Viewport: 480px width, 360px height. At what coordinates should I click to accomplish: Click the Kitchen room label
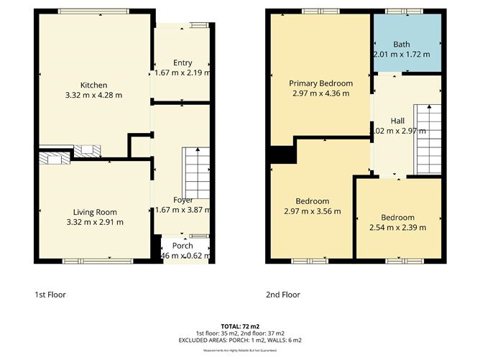point(94,84)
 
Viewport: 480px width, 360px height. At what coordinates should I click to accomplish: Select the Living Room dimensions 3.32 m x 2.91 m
point(94,222)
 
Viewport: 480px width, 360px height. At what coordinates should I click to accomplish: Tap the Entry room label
point(182,63)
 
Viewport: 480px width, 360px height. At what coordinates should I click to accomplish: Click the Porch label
point(182,245)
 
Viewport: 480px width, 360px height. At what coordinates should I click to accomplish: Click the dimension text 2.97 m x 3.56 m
point(313,211)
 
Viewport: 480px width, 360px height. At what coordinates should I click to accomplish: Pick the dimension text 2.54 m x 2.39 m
point(397,228)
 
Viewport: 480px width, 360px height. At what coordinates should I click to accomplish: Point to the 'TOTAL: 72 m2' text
point(239,327)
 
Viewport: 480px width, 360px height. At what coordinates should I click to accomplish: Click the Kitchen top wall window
point(94,11)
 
